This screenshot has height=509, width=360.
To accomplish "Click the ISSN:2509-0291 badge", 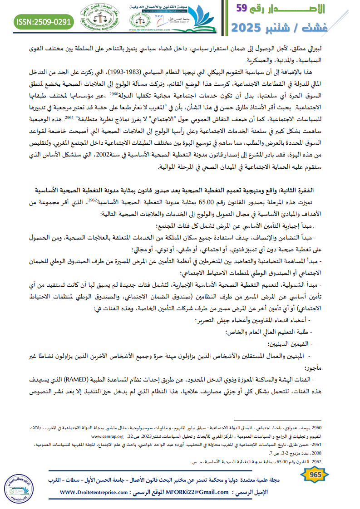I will click(44, 21).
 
